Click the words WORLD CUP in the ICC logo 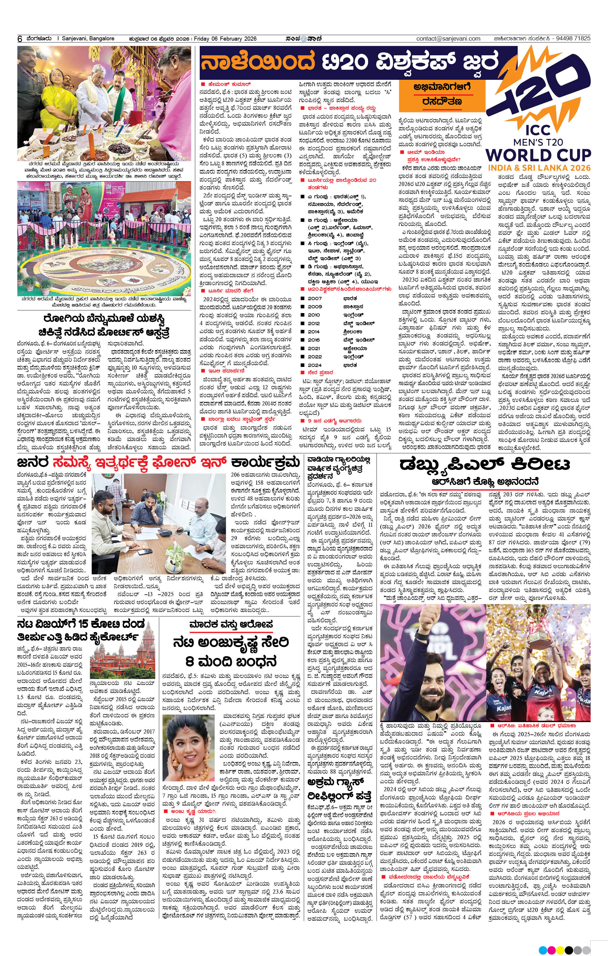point(538,155)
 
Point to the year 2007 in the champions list point(315,298)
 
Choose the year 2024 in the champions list point(315,365)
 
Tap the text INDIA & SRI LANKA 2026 point(539,168)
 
